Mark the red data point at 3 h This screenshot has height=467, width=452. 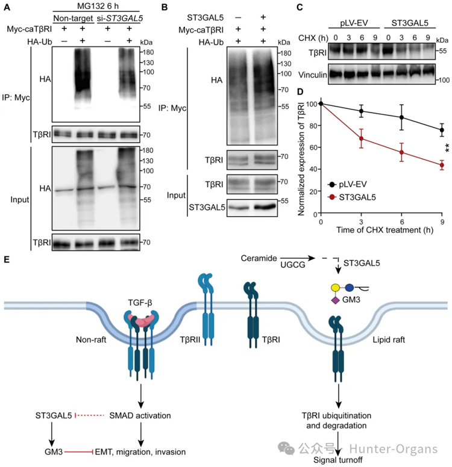362,138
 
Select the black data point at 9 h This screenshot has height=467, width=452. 442,129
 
